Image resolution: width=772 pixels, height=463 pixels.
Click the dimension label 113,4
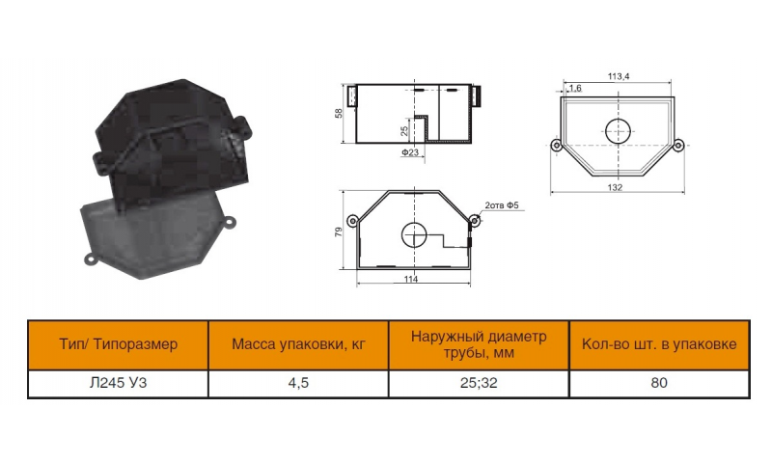(618, 76)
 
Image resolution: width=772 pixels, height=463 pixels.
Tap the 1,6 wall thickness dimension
(575, 88)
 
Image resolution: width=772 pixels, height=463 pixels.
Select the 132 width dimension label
(615, 187)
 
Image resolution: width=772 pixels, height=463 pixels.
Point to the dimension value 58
(339, 113)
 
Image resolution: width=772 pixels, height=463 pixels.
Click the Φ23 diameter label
(410, 152)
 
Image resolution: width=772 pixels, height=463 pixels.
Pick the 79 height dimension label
(339, 231)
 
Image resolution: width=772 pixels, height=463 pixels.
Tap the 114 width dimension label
(411, 280)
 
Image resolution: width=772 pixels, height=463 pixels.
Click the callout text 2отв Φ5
(502, 205)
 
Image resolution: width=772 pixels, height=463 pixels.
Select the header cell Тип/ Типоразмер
(118, 344)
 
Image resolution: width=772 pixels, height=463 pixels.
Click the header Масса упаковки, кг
(298, 344)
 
